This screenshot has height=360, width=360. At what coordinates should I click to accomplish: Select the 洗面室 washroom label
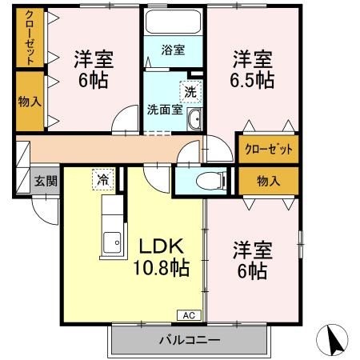tap(162, 110)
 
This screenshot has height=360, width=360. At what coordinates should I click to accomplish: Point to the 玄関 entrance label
tap(46, 181)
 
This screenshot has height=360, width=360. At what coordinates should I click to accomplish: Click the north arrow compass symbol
tap(337, 339)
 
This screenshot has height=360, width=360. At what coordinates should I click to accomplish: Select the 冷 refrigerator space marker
tap(103, 179)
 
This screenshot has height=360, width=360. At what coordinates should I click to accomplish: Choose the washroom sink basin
tap(194, 121)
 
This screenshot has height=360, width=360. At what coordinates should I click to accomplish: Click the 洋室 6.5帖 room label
tap(254, 70)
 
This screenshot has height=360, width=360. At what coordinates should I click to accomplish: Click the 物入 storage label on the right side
tap(268, 181)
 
